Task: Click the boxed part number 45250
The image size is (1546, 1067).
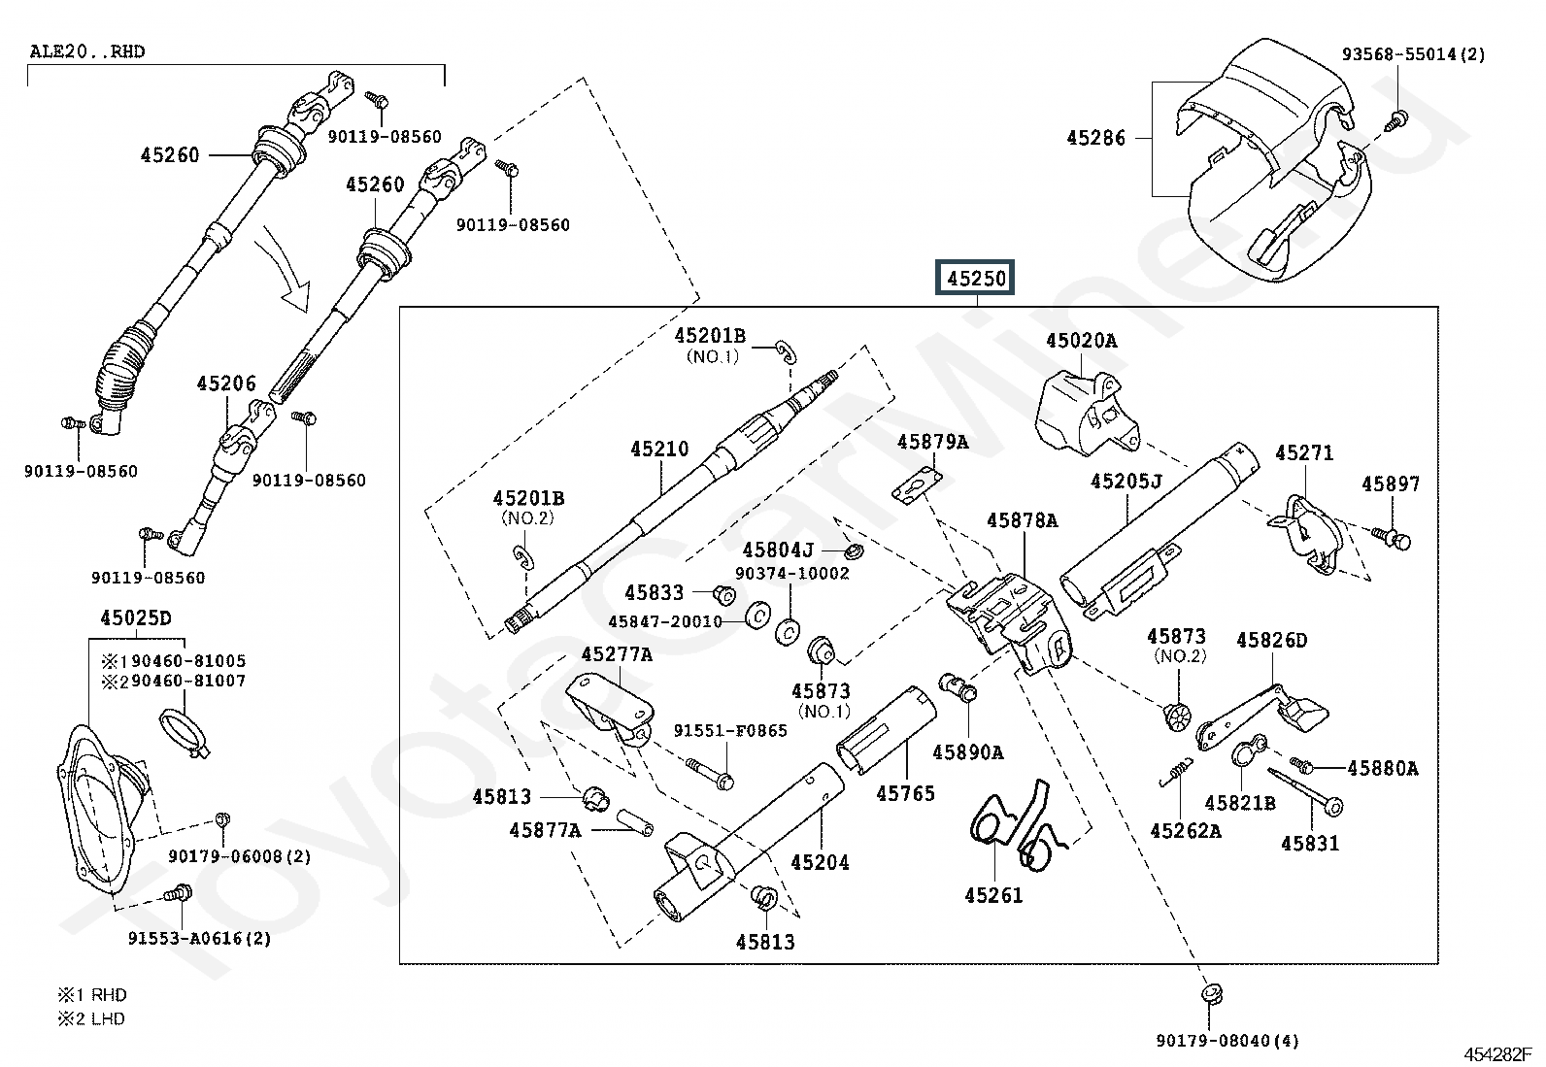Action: pyautogui.click(x=977, y=279)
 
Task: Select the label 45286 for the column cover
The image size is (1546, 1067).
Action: pyautogui.click(x=1095, y=138)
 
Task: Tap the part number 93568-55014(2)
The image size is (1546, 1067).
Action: pyautogui.click(x=1413, y=54)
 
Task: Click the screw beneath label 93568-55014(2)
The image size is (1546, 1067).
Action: pyautogui.click(x=1398, y=120)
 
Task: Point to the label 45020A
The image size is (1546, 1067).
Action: pyautogui.click(x=1081, y=341)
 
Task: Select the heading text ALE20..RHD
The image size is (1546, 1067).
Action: pyautogui.click(x=86, y=51)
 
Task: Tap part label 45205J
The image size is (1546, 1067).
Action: pyautogui.click(x=1126, y=482)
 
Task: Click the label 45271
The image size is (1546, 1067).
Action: pyautogui.click(x=1304, y=453)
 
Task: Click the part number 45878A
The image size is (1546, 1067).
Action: pyautogui.click(x=1022, y=520)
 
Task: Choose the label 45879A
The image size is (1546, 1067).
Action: pyautogui.click(x=932, y=442)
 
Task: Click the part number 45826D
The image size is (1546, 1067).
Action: pyautogui.click(x=1271, y=641)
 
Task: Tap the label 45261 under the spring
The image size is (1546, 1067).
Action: pyautogui.click(x=993, y=895)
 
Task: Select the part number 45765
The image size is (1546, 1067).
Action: pyautogui.click(x=905, y=794)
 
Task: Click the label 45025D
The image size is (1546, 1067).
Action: pyautogui.click(x=135, y=618)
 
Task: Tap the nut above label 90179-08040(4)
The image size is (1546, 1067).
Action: pyautogui.click(x=1210, y=993)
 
